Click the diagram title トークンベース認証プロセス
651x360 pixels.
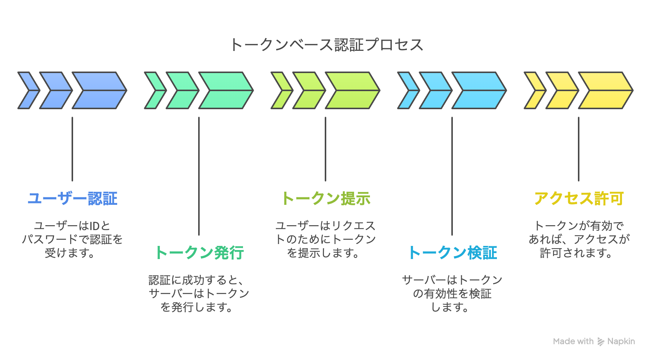pyautogui.click(x=327, y=45)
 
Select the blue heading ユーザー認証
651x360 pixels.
pyautogui.click(x=72, y=198)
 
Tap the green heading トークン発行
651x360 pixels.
pyautogui.click(x=199, y=253)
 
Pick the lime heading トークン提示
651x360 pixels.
pyautogui.click(x=326, y=198)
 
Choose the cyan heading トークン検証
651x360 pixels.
pyautogui.click(x=452, y=253)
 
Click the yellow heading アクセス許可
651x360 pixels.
pyautogui.click(x=579, y=198)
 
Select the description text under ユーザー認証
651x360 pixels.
pyautogui.click(x=72, y=239)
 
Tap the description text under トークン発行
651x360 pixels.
pyautogui.click(x=199, y=294)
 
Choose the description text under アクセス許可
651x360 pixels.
pyautogui.click(x=579, y=239)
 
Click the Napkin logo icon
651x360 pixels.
pyautogui.click(x=601, y=342)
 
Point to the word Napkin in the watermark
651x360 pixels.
pyautogui.click(x=621, y=341)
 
